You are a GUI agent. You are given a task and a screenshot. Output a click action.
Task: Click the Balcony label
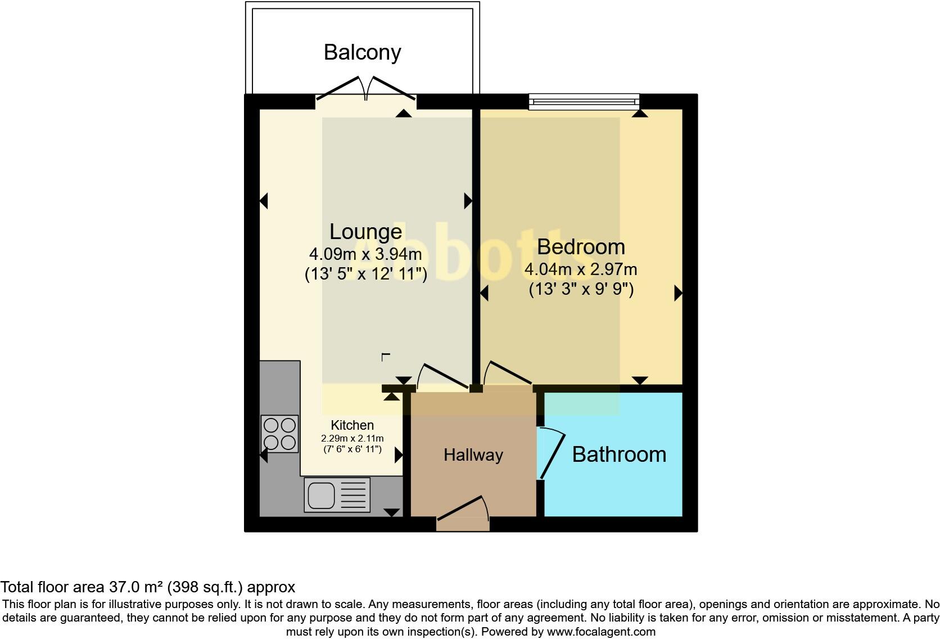tap(362, 52)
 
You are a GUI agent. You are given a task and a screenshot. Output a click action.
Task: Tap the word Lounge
tap(365, 231)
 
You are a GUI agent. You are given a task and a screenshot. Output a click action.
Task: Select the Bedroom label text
tap(581, 246)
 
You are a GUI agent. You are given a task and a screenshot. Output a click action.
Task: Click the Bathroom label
tap(619, 454)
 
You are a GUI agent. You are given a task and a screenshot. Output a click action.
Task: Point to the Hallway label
tap(473, 454)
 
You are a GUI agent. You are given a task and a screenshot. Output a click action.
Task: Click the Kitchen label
tap(352, 425)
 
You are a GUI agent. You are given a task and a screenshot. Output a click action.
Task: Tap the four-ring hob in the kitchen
tap(279, 434)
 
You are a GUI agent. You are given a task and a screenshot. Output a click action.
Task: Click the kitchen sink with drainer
tap(337, 495)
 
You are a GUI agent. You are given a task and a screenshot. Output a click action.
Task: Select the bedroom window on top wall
tap(584, 102)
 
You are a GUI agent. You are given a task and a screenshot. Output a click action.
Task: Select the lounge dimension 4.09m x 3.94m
tap(365, 254)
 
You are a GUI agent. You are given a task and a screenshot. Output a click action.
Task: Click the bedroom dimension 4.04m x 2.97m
tap(581, 269)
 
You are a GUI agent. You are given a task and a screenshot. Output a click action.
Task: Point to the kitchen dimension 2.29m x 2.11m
tap(352, 438)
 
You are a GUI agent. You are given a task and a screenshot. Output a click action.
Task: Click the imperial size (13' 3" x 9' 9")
tap(581, 290)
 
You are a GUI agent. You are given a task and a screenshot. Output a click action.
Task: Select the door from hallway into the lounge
tap(444, 376)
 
